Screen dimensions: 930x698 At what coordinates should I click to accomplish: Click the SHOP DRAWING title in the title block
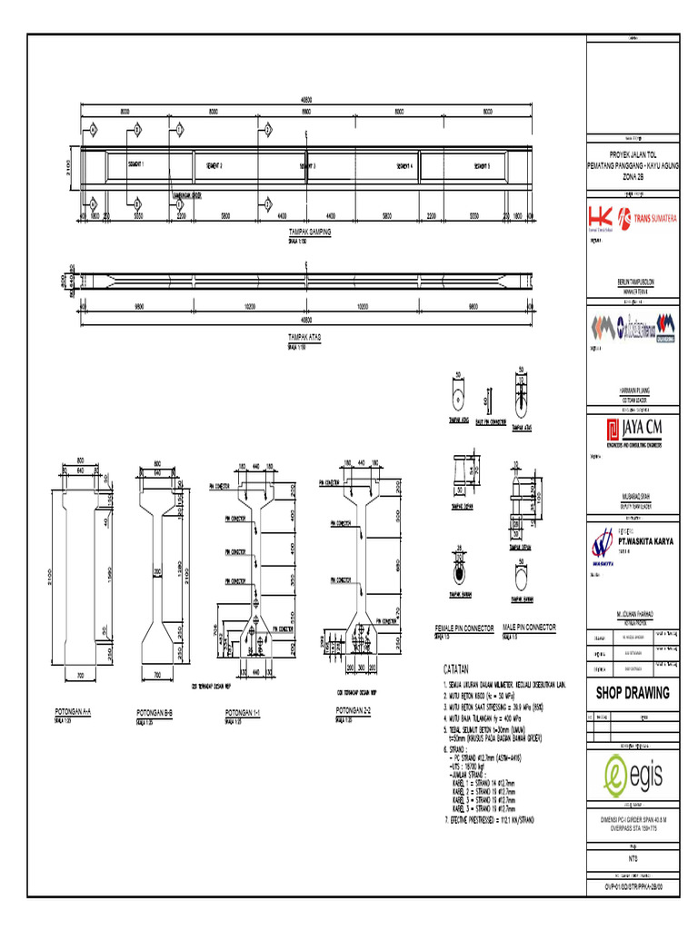tap(632, 693)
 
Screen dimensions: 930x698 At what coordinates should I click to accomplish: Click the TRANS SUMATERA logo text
tap(652, 218)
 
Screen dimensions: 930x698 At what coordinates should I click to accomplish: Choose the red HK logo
tap(601, 218)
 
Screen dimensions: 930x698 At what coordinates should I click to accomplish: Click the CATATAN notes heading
tap(461, 668)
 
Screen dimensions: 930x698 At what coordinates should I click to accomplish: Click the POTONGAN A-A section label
tap(75, 712)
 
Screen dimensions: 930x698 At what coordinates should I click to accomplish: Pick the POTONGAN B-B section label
tap(155, 713)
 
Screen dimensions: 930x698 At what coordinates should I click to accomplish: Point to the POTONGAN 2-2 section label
tap(354, 708)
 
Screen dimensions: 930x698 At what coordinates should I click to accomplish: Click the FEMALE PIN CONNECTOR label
tap(464, 628)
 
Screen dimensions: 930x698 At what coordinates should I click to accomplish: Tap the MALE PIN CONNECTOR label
tap(528, 628)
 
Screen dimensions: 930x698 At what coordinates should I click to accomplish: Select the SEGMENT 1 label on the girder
tap(135, 164)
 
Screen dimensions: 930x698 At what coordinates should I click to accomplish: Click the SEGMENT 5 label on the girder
tap(482, 166)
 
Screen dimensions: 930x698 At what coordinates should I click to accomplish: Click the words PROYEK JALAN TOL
tap(633, 156)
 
